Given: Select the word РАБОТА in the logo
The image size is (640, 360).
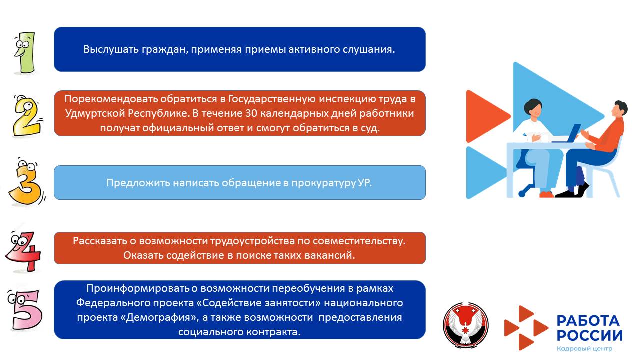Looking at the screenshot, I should (x=588, y=321).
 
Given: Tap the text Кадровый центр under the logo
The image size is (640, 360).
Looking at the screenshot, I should (x=584, y=349).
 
